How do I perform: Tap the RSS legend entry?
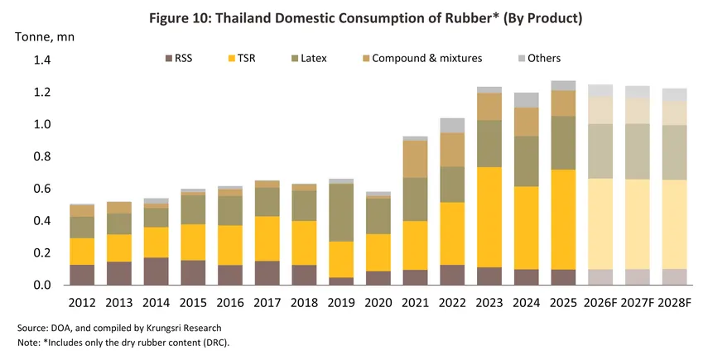click(x=181, y=59)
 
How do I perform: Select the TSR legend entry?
click(x=245, y=59)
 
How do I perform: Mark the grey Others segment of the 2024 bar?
click(x=527, y=100)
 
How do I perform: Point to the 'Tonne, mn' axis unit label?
click(x=41, y=36)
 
